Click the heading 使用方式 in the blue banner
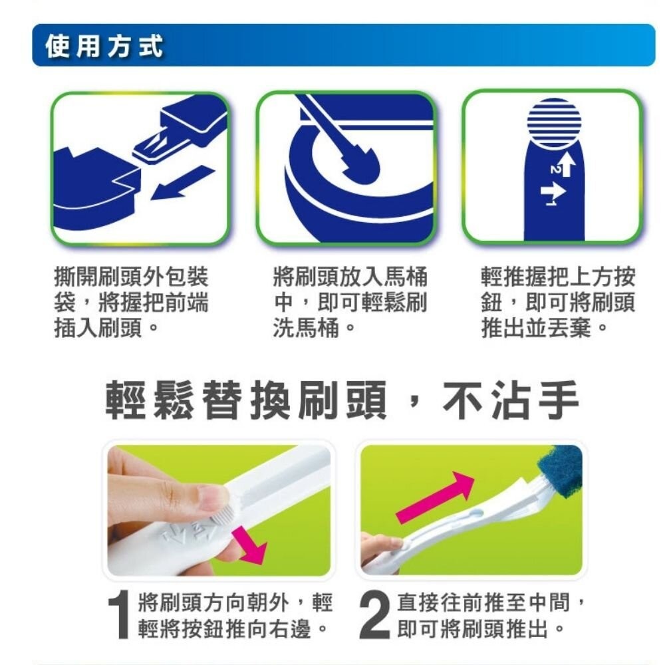[103, 47]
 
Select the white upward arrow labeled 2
[565, 164]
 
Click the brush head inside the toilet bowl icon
[359, 168]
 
